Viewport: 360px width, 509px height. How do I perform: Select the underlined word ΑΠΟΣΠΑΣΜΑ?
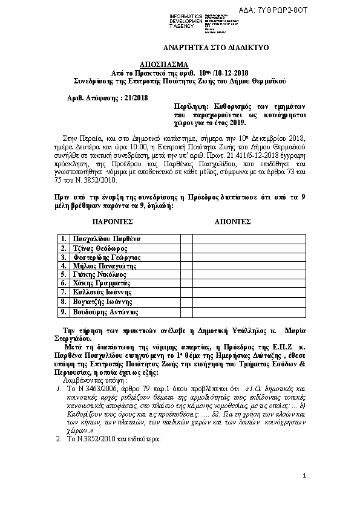(x=165, y=63)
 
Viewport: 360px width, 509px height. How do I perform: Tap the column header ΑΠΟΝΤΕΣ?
(x=232, y=222)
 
